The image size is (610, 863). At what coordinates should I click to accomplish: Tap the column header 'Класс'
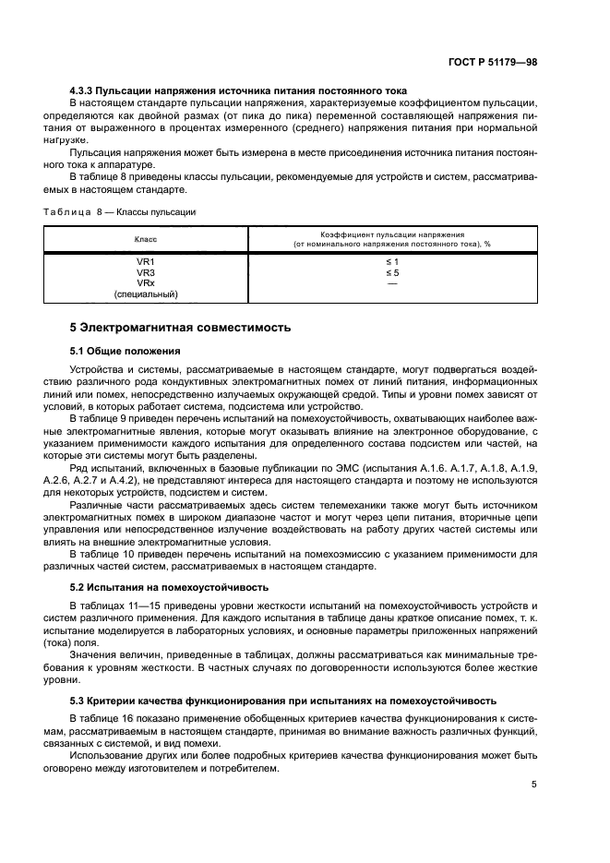point(145,239)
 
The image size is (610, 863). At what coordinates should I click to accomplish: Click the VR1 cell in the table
point(145,262)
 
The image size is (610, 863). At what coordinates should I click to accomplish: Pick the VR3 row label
point(145,273)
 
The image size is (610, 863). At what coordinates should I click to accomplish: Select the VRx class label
point(145,283)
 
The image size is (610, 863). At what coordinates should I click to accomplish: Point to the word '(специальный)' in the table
point(145,294)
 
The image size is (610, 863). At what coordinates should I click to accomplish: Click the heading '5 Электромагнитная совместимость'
point(181,328)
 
